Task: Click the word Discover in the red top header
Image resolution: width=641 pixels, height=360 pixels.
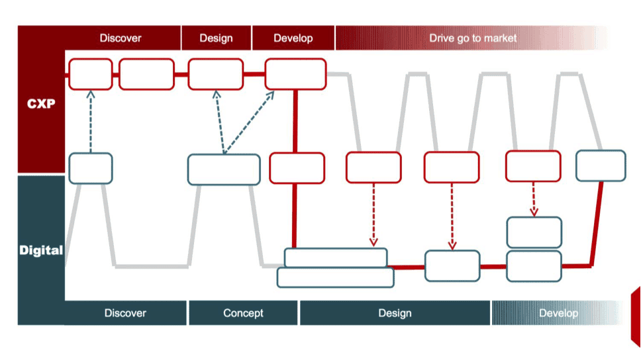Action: tap(121, 38)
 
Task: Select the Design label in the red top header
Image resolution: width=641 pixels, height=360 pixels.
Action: tap(216, 38)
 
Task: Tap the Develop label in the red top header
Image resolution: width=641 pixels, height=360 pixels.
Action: tap(293, 38)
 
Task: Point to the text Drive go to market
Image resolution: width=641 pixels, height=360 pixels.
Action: tap(473, 38)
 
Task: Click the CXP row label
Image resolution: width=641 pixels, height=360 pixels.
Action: tap(41, 103)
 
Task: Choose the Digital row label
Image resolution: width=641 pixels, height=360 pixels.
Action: tap(41, 251)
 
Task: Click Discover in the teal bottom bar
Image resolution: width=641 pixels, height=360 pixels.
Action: tap(125, 313)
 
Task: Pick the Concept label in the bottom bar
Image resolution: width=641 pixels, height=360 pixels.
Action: tap(243, 313)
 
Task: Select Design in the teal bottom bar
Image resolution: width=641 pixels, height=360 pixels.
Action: tap(395, 313)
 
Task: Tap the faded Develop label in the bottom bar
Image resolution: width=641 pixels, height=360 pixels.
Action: tap(558, 313)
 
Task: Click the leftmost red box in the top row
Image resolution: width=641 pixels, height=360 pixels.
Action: tap(90, 74)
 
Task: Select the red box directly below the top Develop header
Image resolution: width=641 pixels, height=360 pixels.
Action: tap(295, 74)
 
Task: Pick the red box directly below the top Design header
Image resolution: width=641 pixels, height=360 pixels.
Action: tap(216, 74)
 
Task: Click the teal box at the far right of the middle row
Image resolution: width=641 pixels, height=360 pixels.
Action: tap(601, 165)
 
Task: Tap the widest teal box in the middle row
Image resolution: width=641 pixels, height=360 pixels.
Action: tap(224, 169)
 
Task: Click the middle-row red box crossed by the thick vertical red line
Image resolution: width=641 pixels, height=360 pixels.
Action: tap(297, 167)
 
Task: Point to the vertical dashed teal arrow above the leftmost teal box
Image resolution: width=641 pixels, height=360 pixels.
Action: tap(91, 122)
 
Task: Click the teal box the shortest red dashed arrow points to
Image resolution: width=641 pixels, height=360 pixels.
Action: tap(534, 232)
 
